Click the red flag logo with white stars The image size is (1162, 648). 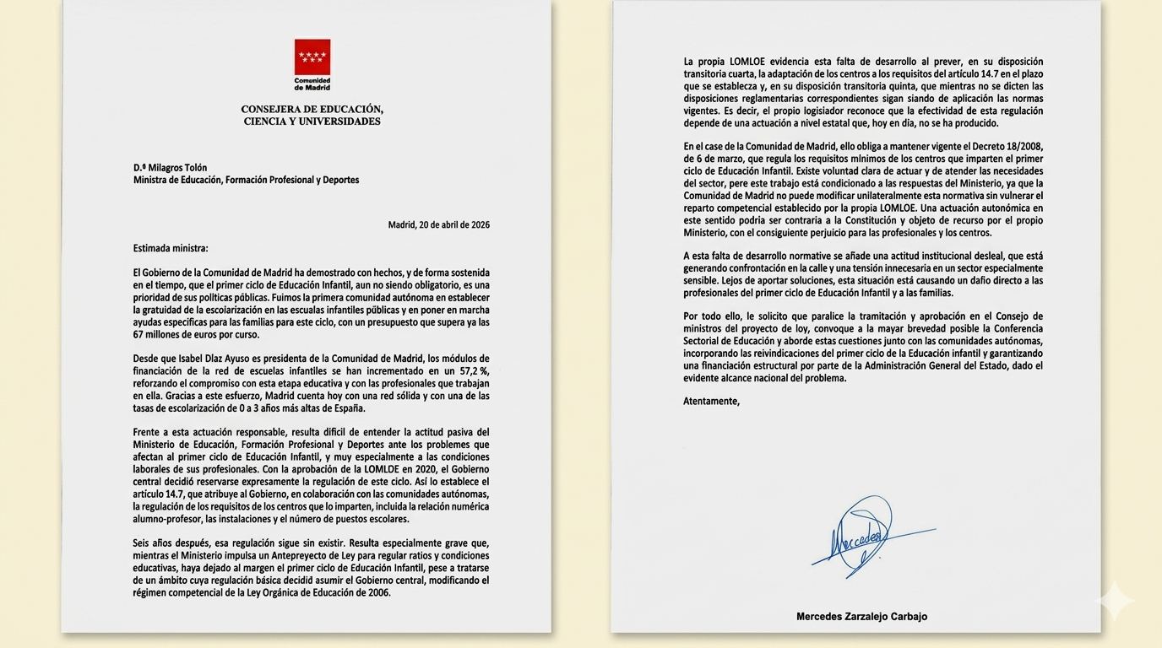click(312, 57)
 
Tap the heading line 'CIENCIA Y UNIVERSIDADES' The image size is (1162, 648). click(312, 121)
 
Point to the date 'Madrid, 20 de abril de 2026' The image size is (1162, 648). click(438, 224)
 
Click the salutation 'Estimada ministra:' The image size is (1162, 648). click(171, 248)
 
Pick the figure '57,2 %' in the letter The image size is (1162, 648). click(473, 371)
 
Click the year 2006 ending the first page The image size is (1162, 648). click(379, 592)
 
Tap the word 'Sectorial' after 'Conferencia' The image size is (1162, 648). click(706, 341)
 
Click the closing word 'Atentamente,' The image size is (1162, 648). click(711, 401)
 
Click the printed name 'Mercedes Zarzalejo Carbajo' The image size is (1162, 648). click(861, 617)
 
